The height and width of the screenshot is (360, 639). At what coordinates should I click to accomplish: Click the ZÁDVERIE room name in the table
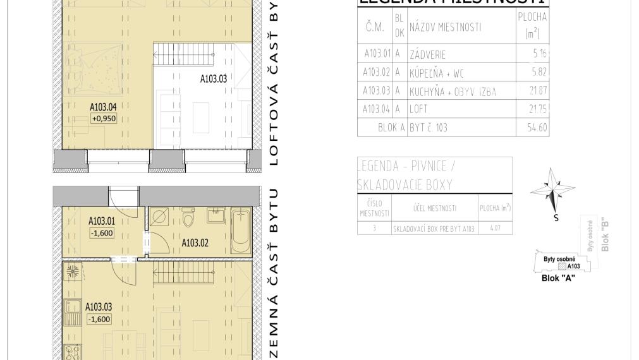[430, 54]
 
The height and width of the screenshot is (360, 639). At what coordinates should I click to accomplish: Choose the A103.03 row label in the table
[377, 91]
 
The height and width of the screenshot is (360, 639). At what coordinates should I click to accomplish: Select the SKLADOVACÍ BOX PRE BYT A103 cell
[434, 228]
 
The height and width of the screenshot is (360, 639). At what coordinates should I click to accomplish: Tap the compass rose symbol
[552, 191]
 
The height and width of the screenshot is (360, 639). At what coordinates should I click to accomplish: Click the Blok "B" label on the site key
[605, 235]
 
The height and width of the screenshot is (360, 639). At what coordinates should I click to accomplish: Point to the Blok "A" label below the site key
[558, 278]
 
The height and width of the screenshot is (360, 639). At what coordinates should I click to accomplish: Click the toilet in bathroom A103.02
[187, 218]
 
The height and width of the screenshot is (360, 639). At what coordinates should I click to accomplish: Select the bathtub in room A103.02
[240, 232]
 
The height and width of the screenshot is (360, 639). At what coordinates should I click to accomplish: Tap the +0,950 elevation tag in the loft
[104, 118]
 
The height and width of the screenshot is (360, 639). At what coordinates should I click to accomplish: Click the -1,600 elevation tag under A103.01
[101, 233]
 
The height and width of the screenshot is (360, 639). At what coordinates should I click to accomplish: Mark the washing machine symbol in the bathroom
[160, 218]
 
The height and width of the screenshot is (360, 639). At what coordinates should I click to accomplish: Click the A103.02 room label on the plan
[195, 243]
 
